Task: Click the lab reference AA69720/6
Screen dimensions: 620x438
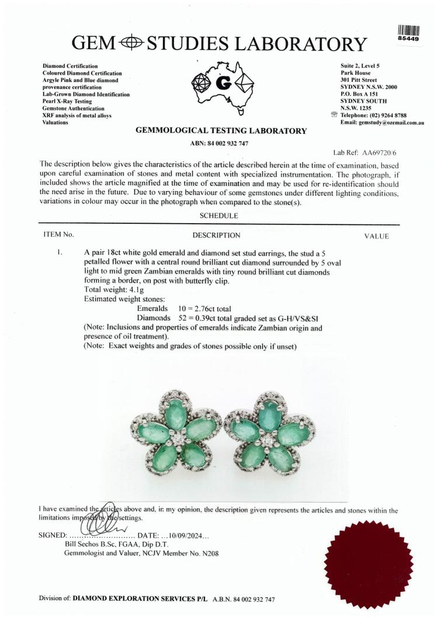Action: coord(373,151)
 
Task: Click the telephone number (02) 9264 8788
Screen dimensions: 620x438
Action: coord(386,116)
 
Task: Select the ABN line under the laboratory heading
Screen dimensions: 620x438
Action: coord(220,144)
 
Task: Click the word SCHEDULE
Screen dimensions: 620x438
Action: coord(219,216)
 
